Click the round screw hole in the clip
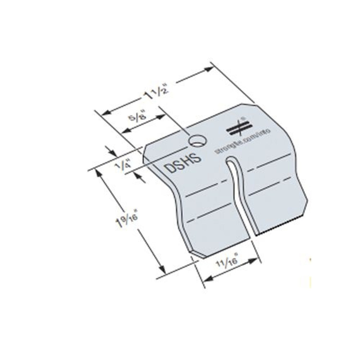(x=196, y=141)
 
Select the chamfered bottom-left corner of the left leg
(x=194, y=253)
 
